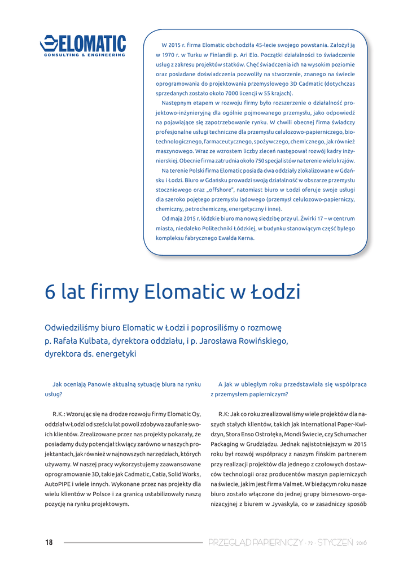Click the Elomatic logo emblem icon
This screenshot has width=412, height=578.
49,43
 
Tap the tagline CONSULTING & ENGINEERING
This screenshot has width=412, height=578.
85,55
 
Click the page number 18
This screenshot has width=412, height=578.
49,542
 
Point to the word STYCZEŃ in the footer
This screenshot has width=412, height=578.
335,542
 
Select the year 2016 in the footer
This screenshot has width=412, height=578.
362,543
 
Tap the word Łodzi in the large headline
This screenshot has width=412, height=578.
276,293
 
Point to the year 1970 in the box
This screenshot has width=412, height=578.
170,55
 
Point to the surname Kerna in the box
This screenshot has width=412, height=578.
243,238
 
